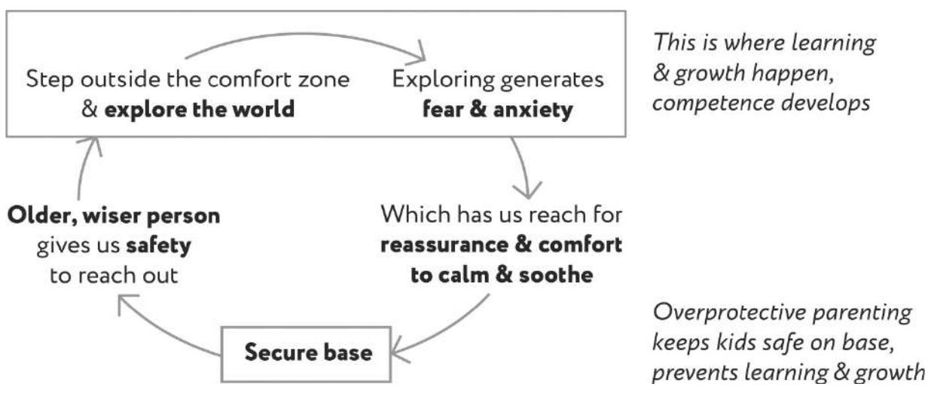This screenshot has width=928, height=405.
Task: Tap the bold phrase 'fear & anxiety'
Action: tap(498, 109)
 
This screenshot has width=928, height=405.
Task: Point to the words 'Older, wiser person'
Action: tap(114, 216)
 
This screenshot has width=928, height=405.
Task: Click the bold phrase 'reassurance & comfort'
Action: tap(502, 246)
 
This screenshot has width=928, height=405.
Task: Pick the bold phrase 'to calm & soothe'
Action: tap(502, 274)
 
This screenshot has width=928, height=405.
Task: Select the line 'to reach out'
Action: tap(114, 274)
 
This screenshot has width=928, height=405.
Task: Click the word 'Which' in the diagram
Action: tap(411, 216)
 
